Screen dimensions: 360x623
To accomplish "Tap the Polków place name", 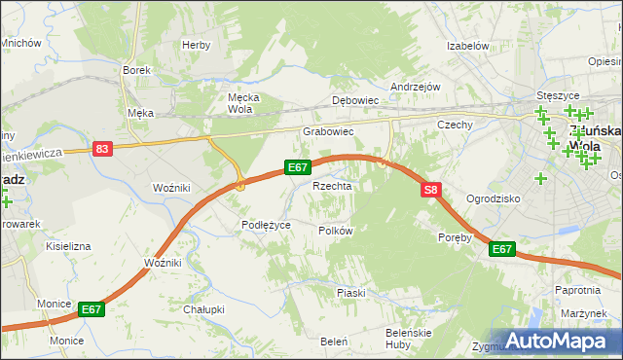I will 335,231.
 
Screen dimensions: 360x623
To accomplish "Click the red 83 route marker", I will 102,149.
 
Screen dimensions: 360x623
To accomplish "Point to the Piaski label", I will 350,293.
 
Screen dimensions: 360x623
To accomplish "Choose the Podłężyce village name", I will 266,225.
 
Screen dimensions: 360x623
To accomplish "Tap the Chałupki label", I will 203,309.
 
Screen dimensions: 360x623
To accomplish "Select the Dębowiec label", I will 354,100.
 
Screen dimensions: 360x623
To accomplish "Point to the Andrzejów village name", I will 416,87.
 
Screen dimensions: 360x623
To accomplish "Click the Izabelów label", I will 466,46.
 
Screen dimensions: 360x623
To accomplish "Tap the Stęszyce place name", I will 558,96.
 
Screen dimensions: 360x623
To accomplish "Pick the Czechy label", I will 455,125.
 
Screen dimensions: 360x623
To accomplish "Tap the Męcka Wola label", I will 239,103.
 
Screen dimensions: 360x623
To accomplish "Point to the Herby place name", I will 196,45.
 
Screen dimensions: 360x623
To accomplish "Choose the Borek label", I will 134,70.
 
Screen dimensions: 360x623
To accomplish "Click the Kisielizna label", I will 68,247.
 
